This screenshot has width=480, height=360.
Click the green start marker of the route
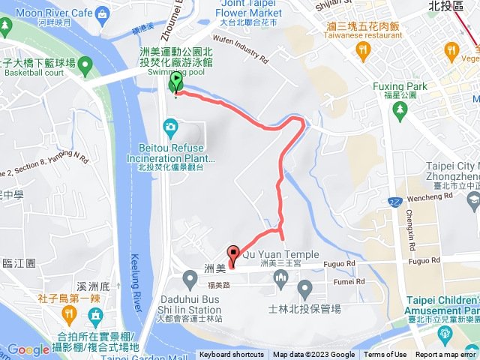coord(176,81)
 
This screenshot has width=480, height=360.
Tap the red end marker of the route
coord(232,255)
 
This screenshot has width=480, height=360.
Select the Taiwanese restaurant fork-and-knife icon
coord(364,51)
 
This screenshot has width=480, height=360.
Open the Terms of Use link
coord(385,355)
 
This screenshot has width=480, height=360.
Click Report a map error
coord(447,355)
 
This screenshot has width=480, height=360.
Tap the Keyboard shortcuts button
coord(232,355)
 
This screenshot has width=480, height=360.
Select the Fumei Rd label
coord(349,281)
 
